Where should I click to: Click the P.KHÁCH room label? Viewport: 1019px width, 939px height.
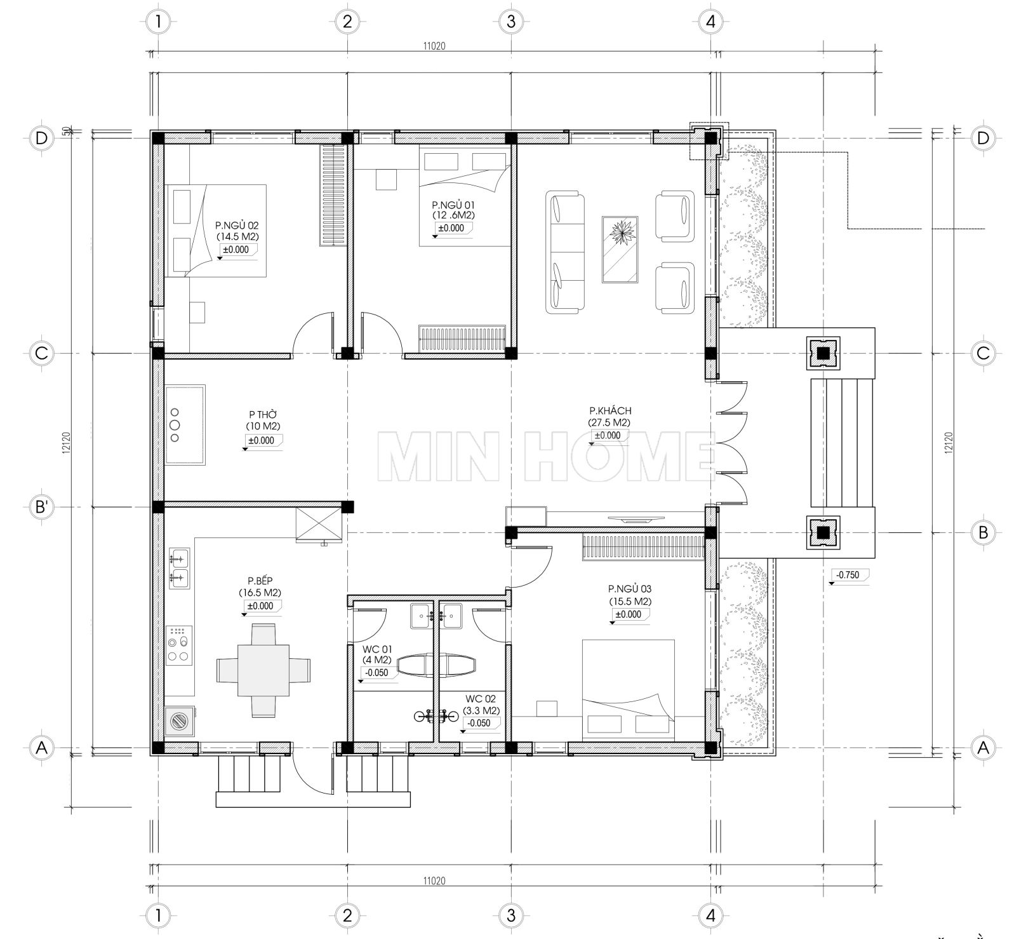(x=609, y=411)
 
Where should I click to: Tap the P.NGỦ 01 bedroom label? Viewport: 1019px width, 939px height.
(x=453, y=205)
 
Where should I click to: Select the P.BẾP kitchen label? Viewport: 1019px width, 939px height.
(x=260, y=581)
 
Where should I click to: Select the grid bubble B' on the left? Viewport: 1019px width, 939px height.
(x=41, y=507)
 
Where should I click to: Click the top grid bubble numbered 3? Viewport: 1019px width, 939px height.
(x=510, y=22)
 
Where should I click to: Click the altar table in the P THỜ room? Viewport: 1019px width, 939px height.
(x=185, y=424)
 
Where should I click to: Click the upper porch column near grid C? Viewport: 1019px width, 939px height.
(x=823, y=353)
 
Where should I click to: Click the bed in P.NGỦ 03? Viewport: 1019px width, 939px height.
(x=627, y=689)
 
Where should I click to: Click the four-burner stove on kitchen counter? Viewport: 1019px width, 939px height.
(x=179, y=645)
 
